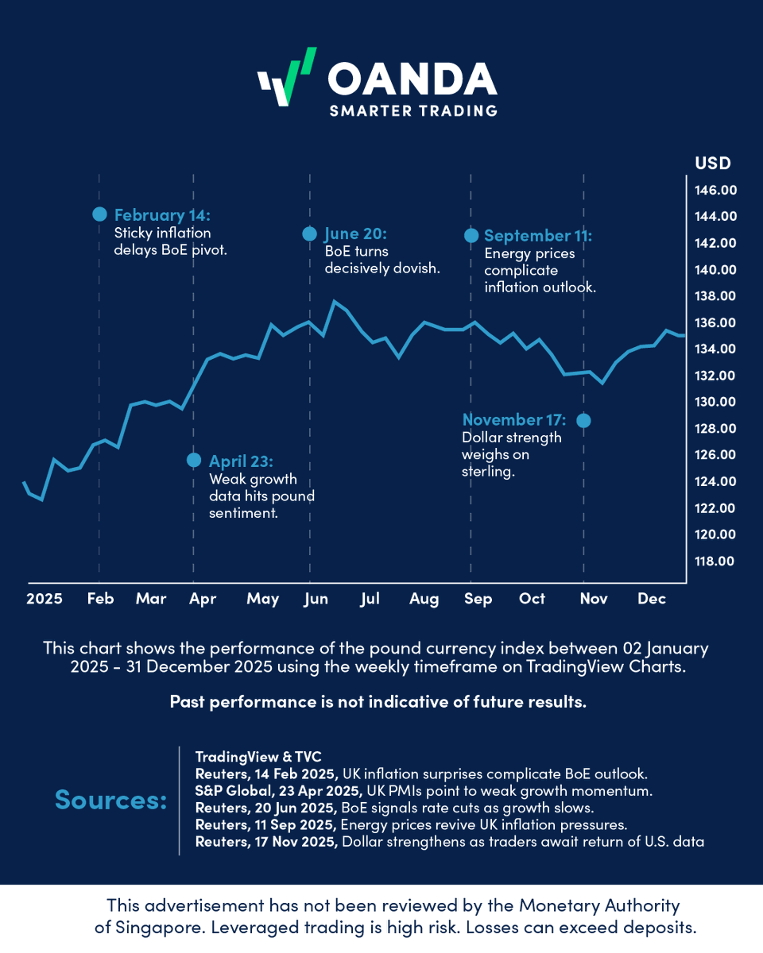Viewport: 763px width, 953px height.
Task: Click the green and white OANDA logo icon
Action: [286, 77]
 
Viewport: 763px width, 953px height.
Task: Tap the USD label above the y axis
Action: [712, 164]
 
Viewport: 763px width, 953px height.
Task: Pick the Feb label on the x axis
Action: [100, 599]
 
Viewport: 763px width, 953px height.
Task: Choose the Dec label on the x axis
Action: [652, 599]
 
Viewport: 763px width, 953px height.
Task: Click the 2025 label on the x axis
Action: [44, 599]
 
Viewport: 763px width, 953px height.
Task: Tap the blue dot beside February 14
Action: [99, 214]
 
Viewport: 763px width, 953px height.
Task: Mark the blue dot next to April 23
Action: [193, 460]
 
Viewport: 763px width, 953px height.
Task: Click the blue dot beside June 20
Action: [310, 233]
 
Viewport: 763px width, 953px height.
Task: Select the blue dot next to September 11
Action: [471, 235]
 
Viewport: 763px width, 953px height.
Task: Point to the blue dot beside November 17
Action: [583, 420]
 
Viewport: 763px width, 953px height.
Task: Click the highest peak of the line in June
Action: [334, 301]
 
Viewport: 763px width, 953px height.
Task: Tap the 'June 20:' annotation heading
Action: [355, 234]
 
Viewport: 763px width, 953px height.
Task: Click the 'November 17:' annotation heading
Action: [514, 420]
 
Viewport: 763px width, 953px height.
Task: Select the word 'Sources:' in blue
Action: [110, 800]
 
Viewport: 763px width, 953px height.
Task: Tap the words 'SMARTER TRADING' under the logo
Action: [413, 110]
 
